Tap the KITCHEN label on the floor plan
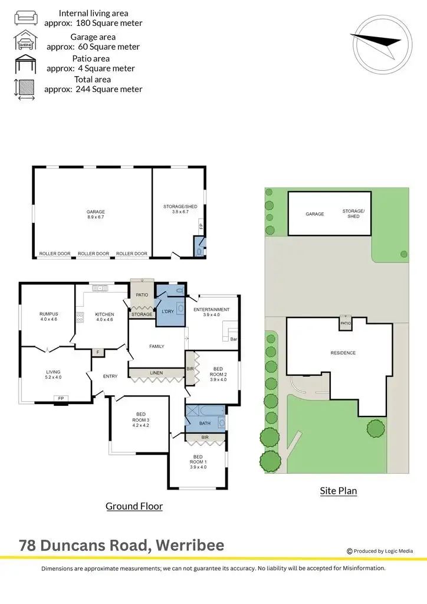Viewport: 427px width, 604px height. pyautogui.click(x=104, y=314)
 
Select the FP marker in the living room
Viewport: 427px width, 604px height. pyautogui.click(x=61, y=399)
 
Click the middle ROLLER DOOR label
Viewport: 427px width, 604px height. pyautogui.click(x=93, y=254)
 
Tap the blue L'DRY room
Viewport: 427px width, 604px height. pyautogui.click(x=166, y=311)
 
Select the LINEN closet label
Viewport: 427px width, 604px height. pyautogui.click(x=156, y=373)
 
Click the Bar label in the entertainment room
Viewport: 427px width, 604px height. pyautogui.click(x=234, y=339)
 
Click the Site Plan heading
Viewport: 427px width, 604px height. pyautogui.click(x=338, y=490)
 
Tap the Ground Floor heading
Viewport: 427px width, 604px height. pyautogui.click(x=134, y=506)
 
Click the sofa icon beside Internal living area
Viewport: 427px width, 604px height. pyautogui.click(x=25, y=18)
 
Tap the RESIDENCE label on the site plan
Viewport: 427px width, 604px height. pyautogui.click(x=343, y=353)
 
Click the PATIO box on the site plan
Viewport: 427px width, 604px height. pyautogui.click(x=345, y=323)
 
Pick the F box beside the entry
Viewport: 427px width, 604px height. pyautogui.click(x=98, y=353)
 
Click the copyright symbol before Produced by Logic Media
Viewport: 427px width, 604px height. pyautogui.click(x=350, y=551)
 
